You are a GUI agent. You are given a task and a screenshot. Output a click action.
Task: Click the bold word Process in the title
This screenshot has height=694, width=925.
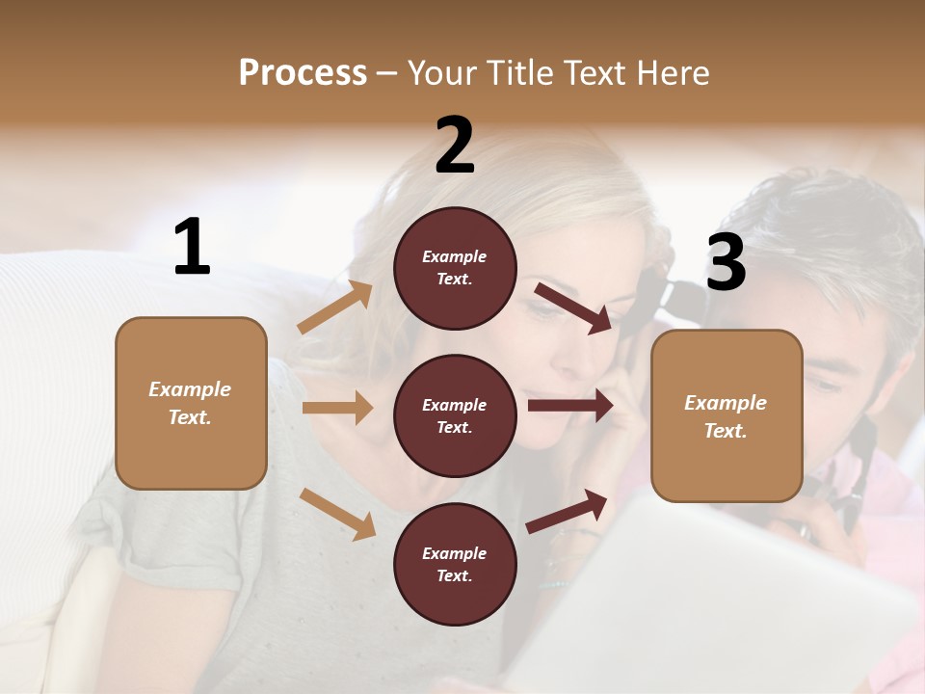click(303, 73)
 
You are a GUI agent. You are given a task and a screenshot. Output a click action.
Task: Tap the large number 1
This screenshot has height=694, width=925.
click(192, 248)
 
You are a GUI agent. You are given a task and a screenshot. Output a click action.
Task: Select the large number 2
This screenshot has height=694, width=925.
click(455, 146)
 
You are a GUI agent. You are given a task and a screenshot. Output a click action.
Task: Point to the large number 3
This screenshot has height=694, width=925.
click(726, 263)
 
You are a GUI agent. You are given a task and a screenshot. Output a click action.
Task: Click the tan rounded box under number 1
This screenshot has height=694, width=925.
click(191, 403)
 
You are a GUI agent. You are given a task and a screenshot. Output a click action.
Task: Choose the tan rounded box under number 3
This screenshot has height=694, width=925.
click(727, 416)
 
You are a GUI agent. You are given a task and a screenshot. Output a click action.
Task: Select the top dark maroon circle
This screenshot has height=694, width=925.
click(455, 268)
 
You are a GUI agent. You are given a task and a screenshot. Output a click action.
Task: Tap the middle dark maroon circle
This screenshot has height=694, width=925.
click(455, 415)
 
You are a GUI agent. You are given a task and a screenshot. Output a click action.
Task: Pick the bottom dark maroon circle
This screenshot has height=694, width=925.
click(455, 564)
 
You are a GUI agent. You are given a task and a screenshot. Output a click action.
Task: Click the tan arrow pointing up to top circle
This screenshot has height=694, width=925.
click(334, 307)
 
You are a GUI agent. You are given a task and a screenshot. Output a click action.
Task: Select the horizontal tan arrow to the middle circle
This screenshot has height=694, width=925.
click(336, 408)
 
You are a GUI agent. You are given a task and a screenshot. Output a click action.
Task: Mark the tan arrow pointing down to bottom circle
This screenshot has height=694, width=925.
click(337, 514)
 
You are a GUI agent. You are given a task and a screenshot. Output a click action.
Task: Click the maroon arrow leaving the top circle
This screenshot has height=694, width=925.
click(572, 307)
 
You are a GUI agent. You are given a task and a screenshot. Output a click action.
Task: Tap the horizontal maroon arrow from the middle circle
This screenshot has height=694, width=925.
click(569, 406)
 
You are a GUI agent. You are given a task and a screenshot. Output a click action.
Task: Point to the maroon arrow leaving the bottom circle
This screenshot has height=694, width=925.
click(567, 510)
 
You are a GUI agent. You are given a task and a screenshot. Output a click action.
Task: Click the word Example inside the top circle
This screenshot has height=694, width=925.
click(455, 256)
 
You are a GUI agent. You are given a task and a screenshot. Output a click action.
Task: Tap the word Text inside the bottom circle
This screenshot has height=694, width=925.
click(453, 575)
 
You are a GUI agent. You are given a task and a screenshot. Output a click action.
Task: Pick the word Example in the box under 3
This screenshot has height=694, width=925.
click(726, 403)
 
